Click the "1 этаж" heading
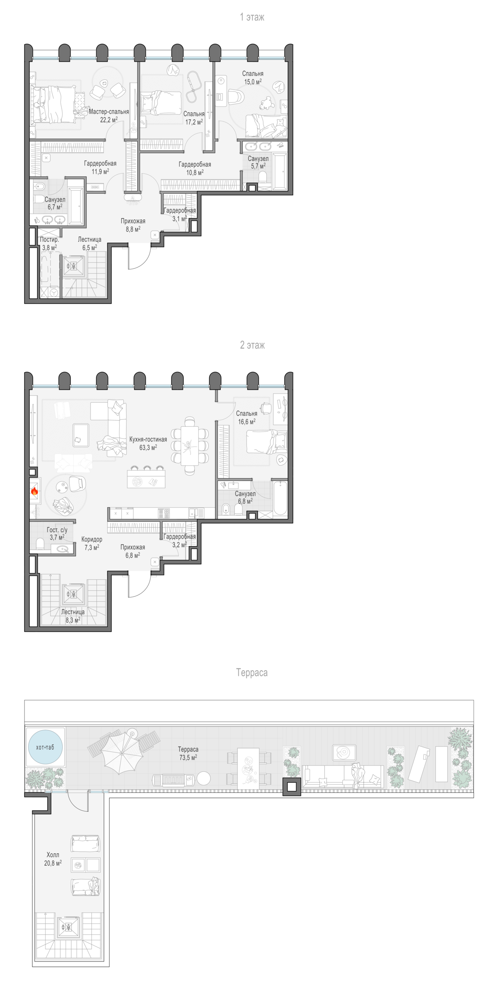tap(252, 17)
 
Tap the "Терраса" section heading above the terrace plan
tap(252, 672)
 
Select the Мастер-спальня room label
tap(109, 112)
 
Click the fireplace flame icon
tap(34, 491)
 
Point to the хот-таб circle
tap(45, 747)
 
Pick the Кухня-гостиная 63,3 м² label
tap(148, 443)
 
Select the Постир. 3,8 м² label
tap(49, 243)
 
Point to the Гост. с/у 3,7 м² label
tap(57, 534)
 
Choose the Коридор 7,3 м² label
tap(92, 543)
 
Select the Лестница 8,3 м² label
tap(73, 616)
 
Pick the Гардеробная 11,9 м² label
tap(100, 167)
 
